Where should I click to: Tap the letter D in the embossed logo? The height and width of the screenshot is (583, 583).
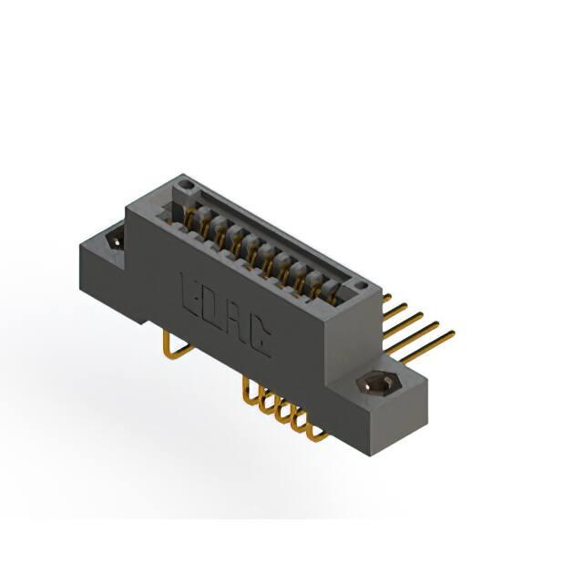coord(213,310)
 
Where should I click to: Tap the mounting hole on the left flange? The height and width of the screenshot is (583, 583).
coord(116,240)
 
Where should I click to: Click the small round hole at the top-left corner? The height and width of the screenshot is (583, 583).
coord(184,184)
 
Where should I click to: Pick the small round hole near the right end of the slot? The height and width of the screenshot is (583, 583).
coord(360,285)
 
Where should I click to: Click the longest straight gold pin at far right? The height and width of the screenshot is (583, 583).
coord(427,347)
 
